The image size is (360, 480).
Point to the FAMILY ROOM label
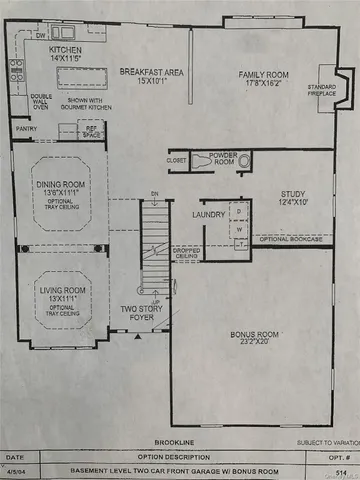point(263,75)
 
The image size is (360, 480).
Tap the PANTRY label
point(25,128)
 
